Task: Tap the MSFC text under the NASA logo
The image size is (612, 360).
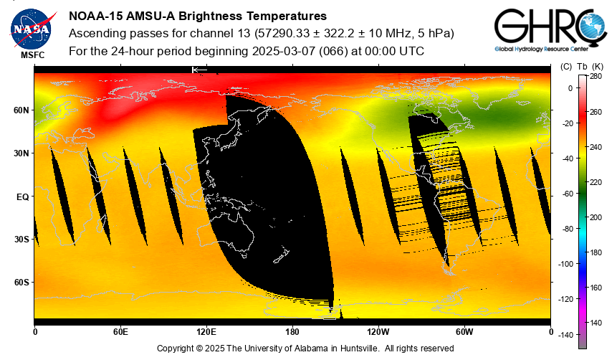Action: point(32,55)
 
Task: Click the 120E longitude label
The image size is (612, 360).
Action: point(206,332)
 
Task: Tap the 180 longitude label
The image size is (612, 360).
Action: point(292,332)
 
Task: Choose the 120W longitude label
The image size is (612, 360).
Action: point(378,332)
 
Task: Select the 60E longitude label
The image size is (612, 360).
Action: point(120,332)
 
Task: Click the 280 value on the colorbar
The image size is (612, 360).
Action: point(596,76)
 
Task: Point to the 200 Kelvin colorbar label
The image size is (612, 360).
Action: point(596,217)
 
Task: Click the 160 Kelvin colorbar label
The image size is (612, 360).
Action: point(596,287)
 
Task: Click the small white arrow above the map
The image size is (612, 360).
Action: point(199,70)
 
